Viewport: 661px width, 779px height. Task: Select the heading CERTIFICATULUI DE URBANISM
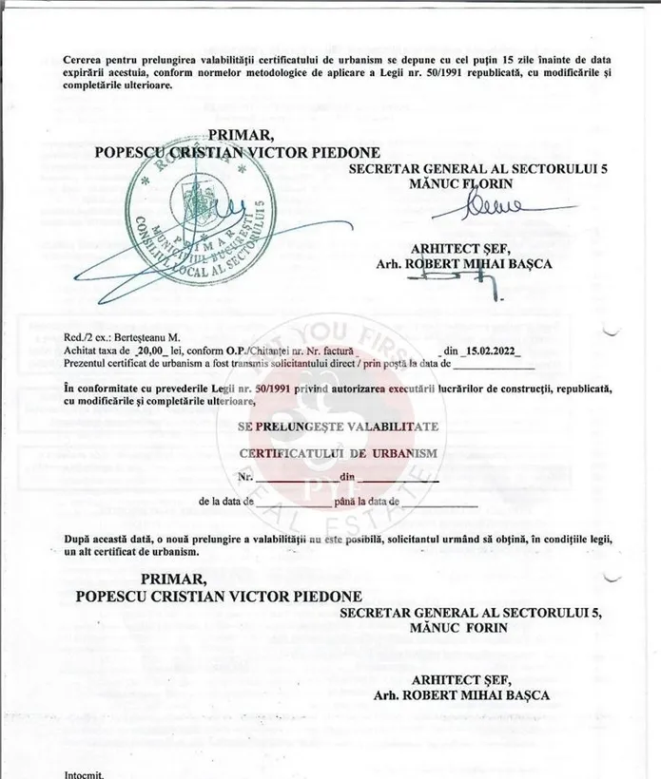click(339, 452)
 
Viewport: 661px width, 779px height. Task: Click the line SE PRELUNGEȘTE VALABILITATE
click(338, 427)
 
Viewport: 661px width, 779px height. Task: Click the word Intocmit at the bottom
click(84, 773)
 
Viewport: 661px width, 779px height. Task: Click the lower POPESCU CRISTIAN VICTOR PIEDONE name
click(219, 597)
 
